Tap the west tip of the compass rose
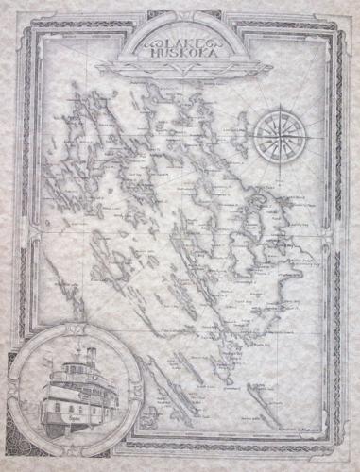[x=248, y=131]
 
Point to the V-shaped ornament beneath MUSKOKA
[x=180, y=68]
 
